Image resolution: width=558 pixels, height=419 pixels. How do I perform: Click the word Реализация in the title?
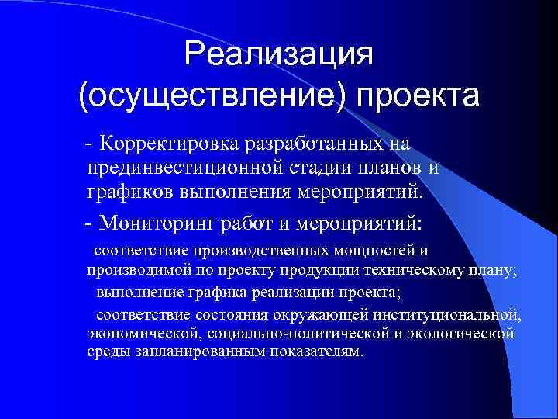(279, 55)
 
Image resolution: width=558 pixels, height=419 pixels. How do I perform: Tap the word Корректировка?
(172, 144)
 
